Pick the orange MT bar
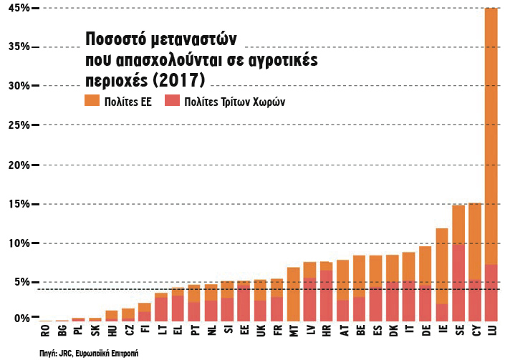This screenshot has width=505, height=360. coord(293,294)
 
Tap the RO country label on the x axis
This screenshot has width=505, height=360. coord(44,331)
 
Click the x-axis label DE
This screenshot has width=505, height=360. coord(425,331)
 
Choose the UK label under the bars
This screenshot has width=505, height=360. coord(260,331)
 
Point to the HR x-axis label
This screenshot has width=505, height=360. coord(326,331)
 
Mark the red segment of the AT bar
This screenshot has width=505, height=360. coord(342,310)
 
